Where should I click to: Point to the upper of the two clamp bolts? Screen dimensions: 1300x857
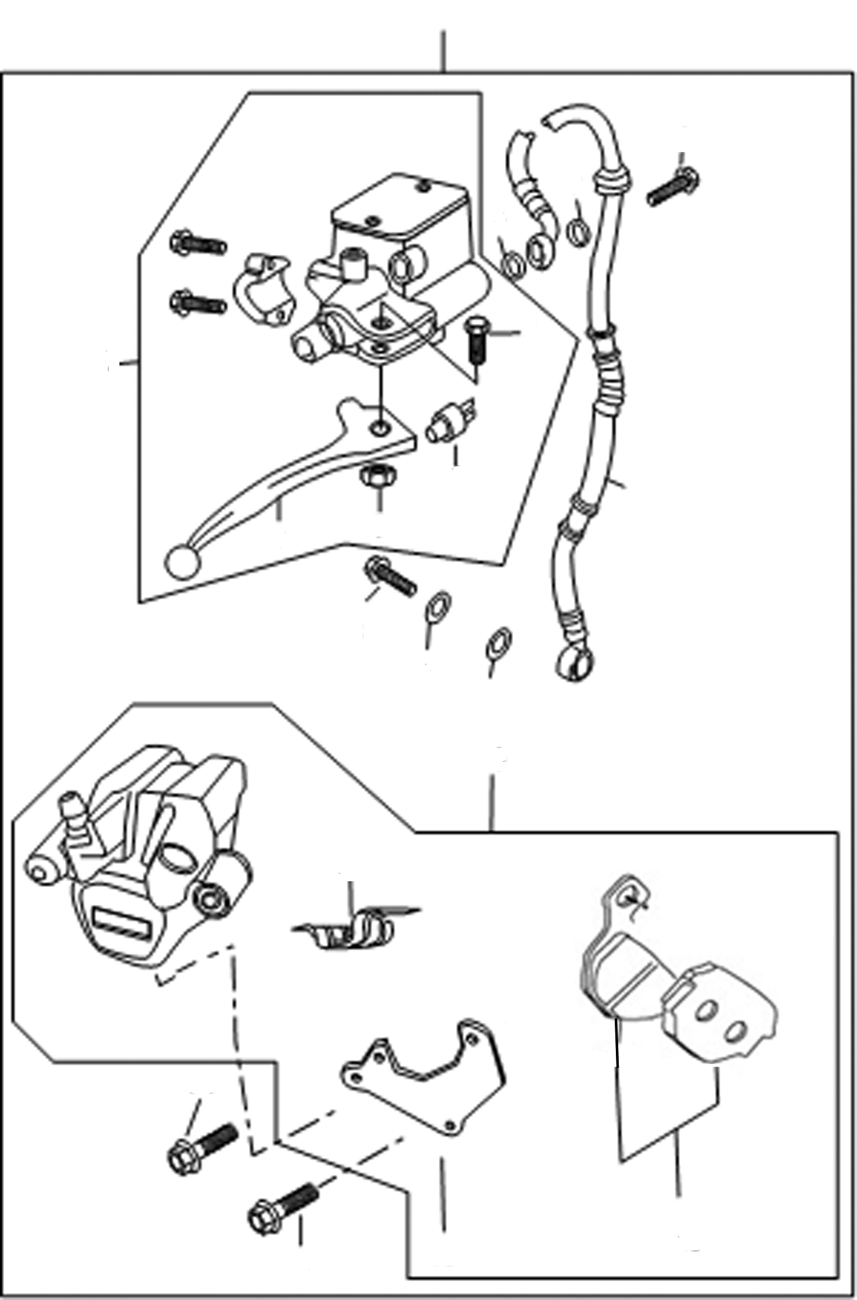[x=199, y=244]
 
